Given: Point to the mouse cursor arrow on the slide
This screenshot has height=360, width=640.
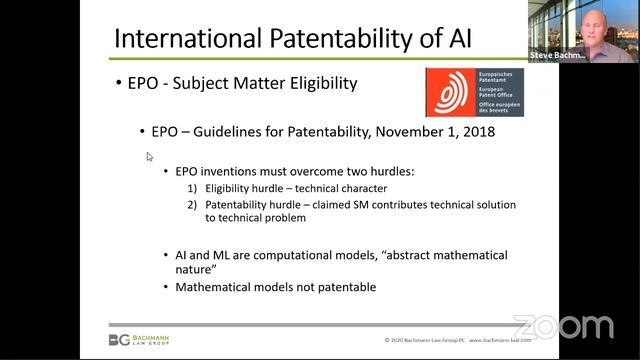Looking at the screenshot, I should tap(150, 157).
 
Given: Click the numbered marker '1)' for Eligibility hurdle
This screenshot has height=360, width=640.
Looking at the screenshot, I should tap(194, 188).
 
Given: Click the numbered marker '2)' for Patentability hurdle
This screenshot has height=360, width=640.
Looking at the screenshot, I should tap(194, 204).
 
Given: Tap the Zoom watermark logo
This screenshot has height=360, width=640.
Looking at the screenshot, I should tap(563, 326).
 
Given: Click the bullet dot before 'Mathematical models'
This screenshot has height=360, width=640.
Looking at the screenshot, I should tap(166, 287).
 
